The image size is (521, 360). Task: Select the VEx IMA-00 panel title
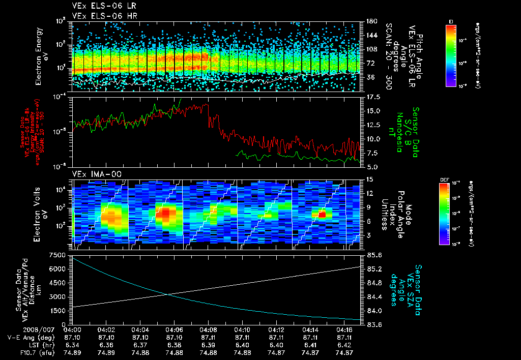(97, 174)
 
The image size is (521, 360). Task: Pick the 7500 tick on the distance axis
(58, 254)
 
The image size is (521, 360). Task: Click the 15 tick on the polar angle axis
(370, 179)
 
